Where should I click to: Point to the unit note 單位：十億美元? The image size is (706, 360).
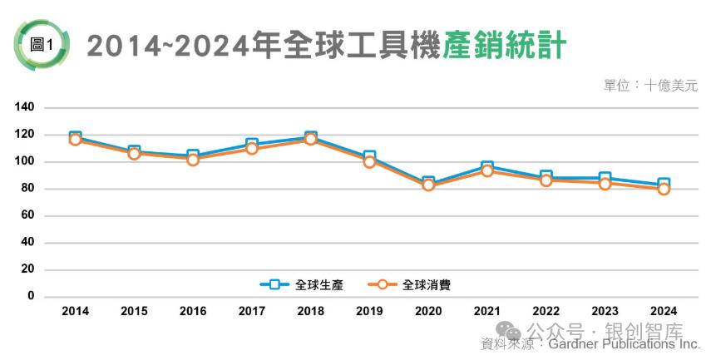[650, 85]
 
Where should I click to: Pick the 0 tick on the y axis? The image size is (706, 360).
[31, 296]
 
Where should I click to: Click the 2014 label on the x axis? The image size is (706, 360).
[75, 311]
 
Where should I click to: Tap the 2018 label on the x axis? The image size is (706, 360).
[310, 311]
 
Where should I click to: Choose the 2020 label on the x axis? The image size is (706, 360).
[428, 311]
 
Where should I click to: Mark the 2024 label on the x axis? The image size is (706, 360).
[664, 311]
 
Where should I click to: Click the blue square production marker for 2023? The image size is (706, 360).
[605, 179]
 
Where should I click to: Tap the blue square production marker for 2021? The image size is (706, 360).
[487, 167]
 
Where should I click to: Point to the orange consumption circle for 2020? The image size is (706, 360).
[428, 185]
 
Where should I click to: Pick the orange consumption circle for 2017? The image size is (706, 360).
[252, 149]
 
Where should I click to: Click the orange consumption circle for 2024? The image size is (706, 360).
[664, 189]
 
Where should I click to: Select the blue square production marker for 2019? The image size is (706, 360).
[369, 156]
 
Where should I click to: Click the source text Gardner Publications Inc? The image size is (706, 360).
[624, 343]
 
